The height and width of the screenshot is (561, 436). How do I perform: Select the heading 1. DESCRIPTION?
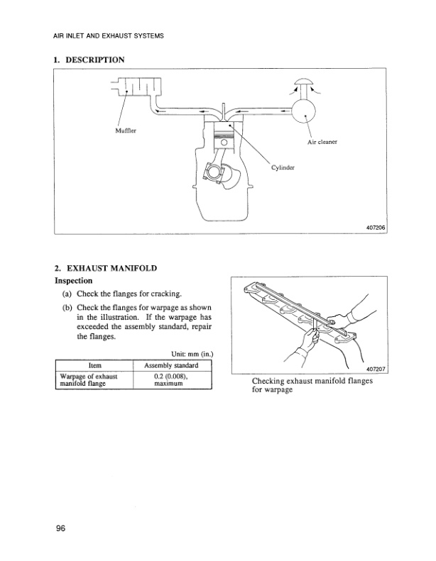pos(89,60)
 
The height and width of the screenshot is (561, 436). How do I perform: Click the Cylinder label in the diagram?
pos(283,168)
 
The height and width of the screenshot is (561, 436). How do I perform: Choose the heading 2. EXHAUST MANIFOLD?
pos(106,269)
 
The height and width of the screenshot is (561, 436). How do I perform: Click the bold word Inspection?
pos(75,281)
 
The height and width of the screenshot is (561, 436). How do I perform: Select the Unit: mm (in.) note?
pos(192,354)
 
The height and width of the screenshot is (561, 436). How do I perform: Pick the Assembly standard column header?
pos(171,365)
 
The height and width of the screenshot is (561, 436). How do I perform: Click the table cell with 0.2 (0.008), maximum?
pos(170,379)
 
